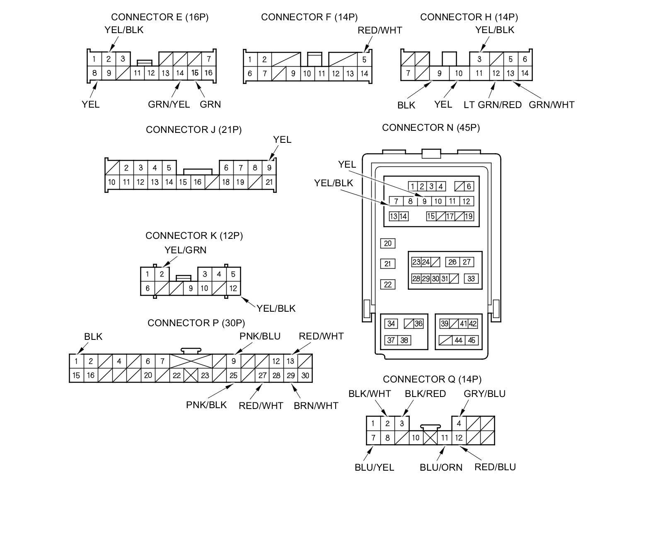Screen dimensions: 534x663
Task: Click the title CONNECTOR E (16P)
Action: point(160,17)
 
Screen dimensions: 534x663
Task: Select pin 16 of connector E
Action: point(208,73)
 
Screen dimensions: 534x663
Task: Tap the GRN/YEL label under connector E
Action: point(169,104)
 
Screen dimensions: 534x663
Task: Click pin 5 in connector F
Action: point(364,59)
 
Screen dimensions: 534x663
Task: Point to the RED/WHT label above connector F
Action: point(380,30)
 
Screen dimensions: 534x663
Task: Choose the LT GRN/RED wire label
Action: point(492,105)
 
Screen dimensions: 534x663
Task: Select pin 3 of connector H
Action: point(479,59)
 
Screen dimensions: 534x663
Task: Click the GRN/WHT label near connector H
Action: point(551,105)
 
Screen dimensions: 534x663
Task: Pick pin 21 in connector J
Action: point(269,182)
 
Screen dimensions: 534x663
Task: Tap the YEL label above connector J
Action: point(282,140)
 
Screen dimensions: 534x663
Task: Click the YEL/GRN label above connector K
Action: point(185,250)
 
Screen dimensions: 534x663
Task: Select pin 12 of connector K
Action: point(233,288)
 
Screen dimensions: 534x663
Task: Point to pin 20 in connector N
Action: point(387,243)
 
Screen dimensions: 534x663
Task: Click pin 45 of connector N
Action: point(471,340)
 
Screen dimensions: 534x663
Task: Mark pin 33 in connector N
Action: point(471,279)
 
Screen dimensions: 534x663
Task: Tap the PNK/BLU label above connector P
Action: point(260,336)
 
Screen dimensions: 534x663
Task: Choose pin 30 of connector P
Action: point(305,375)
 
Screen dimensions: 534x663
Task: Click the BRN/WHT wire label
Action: point(316,406)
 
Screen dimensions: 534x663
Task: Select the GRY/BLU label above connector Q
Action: point(484,393)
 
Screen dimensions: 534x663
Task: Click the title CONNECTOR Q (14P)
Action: point(432,379)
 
